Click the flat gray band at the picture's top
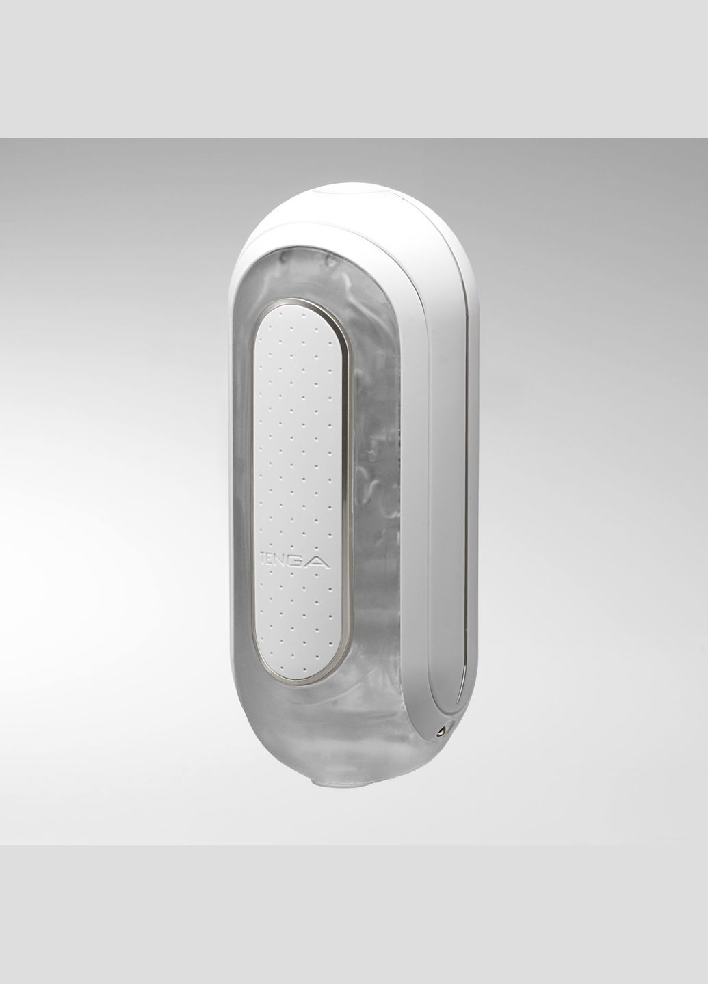[354, 68]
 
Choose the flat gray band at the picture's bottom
[354, 916]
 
